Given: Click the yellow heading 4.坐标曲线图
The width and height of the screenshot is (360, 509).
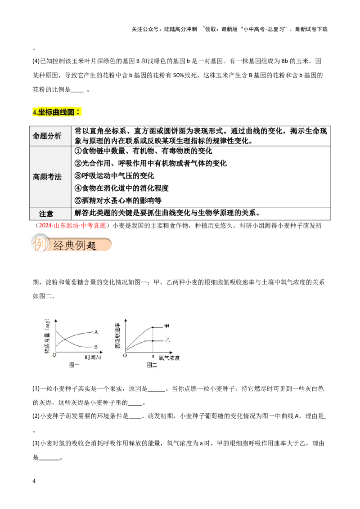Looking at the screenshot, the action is [57, 112].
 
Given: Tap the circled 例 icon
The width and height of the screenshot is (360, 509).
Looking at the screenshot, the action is [40, 245].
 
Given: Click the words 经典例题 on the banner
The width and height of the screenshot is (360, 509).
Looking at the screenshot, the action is [75, 246].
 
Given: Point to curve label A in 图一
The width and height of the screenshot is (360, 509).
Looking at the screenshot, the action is [96, 332].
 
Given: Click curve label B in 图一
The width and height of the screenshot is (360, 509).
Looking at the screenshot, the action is [96, 347].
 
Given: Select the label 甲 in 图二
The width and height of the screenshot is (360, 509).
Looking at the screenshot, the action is [167, 326].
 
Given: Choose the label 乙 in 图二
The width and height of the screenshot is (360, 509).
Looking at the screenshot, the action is [167, 341].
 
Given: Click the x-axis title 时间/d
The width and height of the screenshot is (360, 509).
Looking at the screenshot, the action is [93, 357].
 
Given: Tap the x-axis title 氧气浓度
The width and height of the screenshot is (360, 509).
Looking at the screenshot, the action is [169, 358].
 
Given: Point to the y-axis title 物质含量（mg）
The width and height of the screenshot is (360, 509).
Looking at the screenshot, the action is [47, 336].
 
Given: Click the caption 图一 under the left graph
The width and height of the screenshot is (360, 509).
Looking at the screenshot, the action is [74, 366].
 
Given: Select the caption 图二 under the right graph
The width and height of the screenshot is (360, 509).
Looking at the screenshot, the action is [152, 366].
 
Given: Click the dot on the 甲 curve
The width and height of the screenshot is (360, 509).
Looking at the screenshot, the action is [153, 327].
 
